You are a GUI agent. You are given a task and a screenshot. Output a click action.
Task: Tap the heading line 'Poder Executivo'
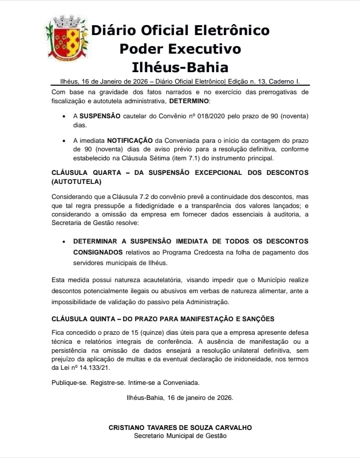(x=180, y=49)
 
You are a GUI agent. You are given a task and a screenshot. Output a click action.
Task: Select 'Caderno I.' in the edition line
(x=287, y=81)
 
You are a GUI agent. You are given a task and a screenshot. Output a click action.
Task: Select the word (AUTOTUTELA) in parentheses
(x=76, y=181)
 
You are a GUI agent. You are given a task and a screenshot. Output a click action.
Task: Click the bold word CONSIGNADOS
(x=98, y=253)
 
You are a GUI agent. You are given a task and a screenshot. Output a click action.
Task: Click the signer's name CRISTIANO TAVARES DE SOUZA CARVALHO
(x=180, y=427)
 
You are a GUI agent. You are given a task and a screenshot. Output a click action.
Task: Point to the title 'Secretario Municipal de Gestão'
(x=180, y=436)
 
